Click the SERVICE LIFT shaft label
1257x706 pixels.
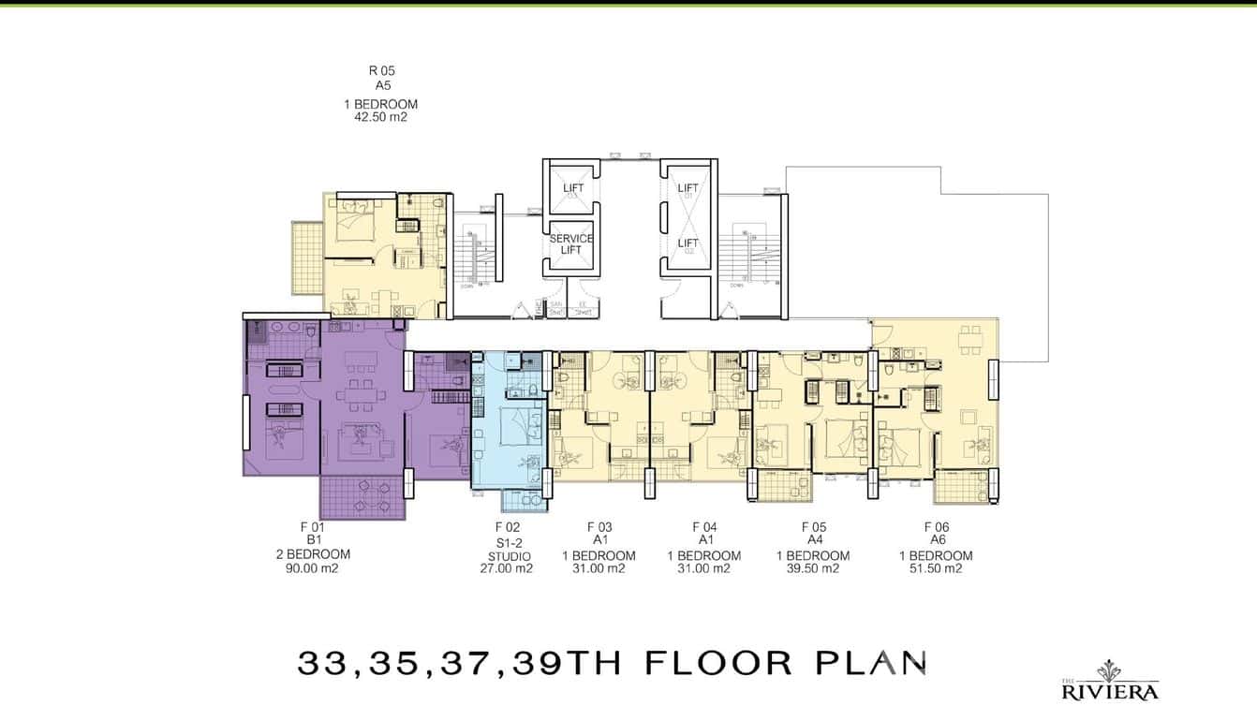pyautogui.click(x=571, y=243)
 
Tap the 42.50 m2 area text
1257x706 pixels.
pyautogui.click(x=379, y=118)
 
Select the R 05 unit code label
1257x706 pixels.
pyautogui.click(x=380, y=70)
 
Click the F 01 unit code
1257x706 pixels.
pyautogui.click(x=312, y=527)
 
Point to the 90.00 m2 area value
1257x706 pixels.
pyautogui.click(x=312, y=568)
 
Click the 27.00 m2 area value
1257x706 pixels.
pyautogui.click(x=507, y=568)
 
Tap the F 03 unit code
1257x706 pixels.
pyautogui.click(x=599, y=527)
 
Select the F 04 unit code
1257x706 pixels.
pyautogui.click(x=704, y=527)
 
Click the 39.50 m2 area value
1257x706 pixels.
pyautogui.click(x=813, y=568)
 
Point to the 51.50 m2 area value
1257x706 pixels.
pyautogui.click(x=936, y=568)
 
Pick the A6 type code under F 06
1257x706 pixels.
pyautogui.click(x=937, y=540)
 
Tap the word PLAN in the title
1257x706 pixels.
pyautogui.click(x=871, y=662)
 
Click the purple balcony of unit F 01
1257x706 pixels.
pyautogui.click(x=362, y=497)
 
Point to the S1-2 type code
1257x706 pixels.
pyautogui.click(x=507, y=542)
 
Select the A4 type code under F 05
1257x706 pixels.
pyautogui.click(x=813, y=540)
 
